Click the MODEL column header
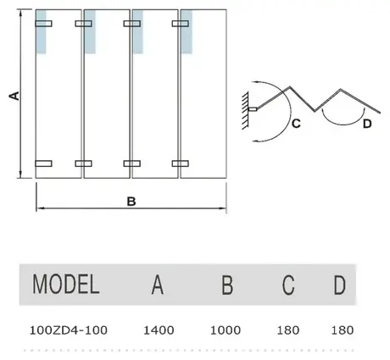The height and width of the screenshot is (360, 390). (x=66, y=284)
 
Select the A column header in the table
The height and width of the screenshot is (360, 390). (x=158, y=285)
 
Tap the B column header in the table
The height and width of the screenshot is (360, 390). (x=227, y=285)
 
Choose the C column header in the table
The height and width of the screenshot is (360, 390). (x=288, y=285)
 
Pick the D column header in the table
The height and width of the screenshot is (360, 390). (x=340, y=285)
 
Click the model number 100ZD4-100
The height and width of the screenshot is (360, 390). (x=69, y=330)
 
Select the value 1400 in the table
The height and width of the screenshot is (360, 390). (x=159, y=330)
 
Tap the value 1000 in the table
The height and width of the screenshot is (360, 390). (x=226, y=330)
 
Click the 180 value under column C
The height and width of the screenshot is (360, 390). (x=288, y=330)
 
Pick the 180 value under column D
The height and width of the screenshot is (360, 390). (x=343, y=330)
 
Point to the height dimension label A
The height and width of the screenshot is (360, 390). (x=14, y=96)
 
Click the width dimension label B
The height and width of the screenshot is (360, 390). (x=131, y=202)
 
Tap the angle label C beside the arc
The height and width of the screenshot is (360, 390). (x=296, y=124)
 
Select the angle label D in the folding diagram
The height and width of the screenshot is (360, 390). (x=367, y=124)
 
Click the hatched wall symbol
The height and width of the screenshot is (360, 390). (x=245, y=111)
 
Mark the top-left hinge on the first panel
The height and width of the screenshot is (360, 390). (x=43, y=24)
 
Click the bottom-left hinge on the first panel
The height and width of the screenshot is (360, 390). (x=43, y=163)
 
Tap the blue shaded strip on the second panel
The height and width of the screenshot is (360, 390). (x=90, y=31)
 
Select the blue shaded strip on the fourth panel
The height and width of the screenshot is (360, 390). (x=187, y=31)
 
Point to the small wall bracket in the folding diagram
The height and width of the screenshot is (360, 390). (x=253, y=109)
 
